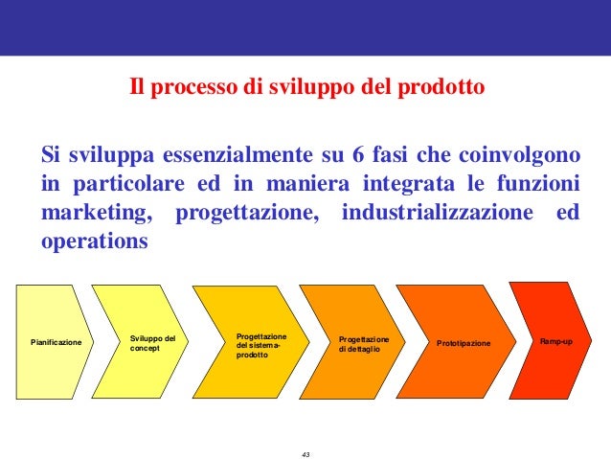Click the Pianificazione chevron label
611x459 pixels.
point(57,342)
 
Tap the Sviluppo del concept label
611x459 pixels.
point(153,342)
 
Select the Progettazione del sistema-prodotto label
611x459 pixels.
point(260,347)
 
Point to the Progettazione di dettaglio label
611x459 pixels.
point(364,344)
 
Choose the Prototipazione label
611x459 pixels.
point(463,343)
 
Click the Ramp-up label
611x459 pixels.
point(556,341)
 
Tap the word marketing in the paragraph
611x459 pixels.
point(95,212)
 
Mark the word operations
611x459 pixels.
point(95,241)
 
